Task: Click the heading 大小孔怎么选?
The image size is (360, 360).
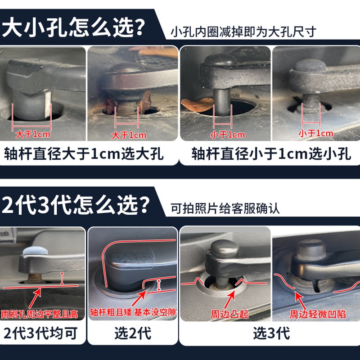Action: point(74,28)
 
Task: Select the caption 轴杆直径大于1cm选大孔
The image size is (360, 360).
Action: point(84,154)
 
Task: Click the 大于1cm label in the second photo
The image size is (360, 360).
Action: point(129,135)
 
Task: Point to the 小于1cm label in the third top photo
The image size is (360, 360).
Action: point(228,135)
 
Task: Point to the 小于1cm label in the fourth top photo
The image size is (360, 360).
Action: point(315,133)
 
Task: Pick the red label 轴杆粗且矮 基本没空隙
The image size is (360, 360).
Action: point(133,312)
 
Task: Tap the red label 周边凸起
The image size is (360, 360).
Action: point(229,314)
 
